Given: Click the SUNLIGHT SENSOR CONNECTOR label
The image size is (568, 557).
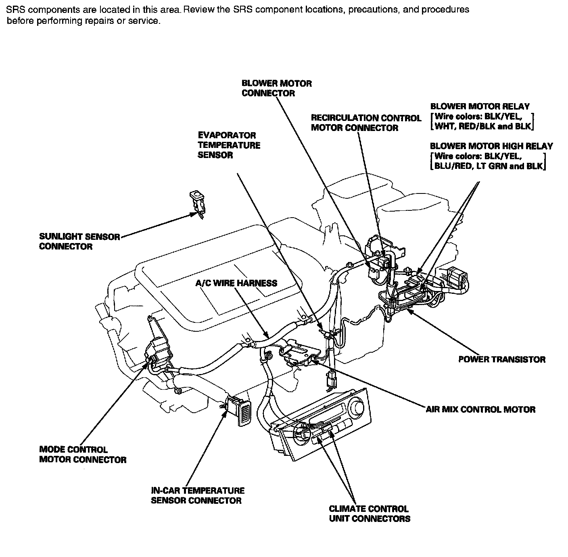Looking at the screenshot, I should click(x=79, y=241).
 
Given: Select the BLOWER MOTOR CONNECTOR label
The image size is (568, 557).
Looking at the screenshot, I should click(x=276, y=88).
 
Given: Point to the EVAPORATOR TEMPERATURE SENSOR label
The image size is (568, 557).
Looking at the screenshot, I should click(x=229, y=145).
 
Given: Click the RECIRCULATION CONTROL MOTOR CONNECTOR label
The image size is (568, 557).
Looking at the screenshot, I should click(x=365, y=123).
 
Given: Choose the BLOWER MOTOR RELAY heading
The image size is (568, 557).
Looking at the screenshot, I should click(x=480, y=107).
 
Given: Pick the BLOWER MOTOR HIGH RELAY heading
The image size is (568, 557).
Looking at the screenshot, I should click(x=491, y=146).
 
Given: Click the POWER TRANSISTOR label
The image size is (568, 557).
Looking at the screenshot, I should click(x=501, y=359).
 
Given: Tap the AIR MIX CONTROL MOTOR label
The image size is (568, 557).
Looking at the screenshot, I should click(x=480, y=409).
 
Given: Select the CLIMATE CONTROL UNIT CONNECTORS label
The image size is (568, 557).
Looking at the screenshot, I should click(x=369, y=514).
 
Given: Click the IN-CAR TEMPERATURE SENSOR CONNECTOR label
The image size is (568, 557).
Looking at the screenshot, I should click(x=198, y=495).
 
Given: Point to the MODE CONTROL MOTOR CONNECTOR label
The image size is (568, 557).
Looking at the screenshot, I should click(x=82, y=455).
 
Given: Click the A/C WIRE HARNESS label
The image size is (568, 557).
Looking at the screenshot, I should click(x=236, y=283).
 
